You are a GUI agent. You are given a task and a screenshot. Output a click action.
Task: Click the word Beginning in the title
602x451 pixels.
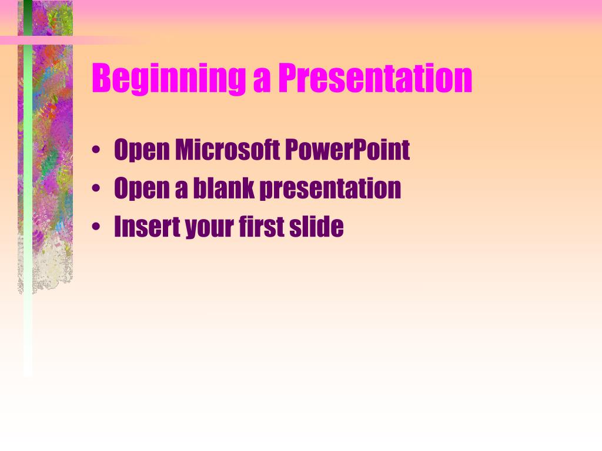click(169, 79)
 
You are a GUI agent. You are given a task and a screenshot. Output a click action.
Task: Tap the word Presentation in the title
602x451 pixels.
click(375, 78)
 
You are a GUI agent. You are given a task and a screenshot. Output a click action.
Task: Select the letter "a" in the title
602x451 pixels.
click(262, 81)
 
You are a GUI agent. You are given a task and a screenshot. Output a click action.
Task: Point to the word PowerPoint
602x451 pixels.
click(347, 149)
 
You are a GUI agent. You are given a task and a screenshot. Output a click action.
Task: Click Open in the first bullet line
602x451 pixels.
click(142, 150)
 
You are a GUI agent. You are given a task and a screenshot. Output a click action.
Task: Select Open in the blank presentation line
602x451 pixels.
click(142, 189)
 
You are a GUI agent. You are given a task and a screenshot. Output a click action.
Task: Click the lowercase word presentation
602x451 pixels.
click(330, 189)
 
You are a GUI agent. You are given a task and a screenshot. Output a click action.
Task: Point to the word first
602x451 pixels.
click(261, 226)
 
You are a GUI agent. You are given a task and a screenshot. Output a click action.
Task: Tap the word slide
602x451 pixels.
click(316, 226)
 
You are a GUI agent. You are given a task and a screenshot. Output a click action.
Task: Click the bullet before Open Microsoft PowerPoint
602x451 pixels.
click(96, 150)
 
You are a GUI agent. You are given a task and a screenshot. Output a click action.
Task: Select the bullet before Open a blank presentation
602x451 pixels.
click(96, 189)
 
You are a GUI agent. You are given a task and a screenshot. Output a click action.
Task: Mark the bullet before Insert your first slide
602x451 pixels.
click(96, 227)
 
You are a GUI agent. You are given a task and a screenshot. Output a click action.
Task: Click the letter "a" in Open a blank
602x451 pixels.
click(181, 191)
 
